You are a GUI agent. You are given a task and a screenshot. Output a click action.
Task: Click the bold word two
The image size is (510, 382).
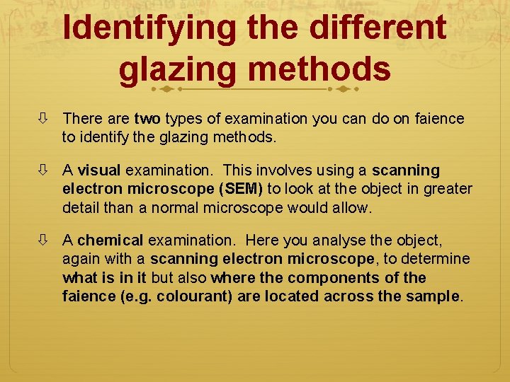pyautogui.click(x=147, y=119)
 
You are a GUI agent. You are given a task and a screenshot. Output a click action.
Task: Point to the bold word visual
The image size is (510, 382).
pyautogui.click(x=99, y=170)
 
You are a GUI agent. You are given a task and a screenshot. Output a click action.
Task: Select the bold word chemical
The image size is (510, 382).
pyautogui.click(x=111, y=241)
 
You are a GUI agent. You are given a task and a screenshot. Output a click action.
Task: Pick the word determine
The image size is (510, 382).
pyautogui.click(x=439, y=259)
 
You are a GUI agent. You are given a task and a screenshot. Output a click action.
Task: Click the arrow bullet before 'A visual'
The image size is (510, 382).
pyautogui.click(x=45, y=170)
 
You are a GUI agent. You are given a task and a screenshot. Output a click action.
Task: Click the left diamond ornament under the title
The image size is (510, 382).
pyautogui.click(x=165, y=90)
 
